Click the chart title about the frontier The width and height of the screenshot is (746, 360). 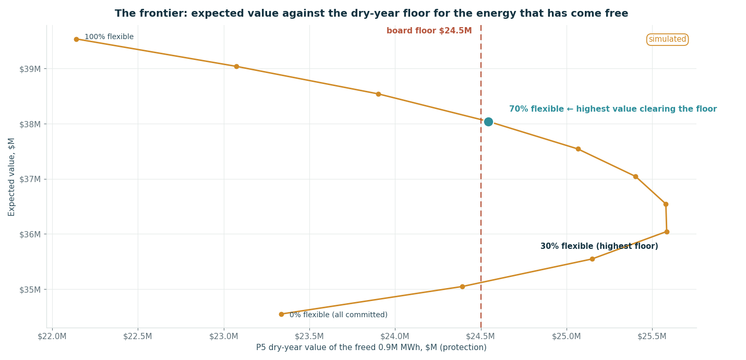371,14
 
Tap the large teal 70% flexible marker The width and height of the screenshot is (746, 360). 488,122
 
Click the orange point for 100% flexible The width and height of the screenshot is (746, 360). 76,39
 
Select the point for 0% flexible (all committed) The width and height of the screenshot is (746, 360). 281,314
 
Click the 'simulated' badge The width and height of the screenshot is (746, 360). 667,39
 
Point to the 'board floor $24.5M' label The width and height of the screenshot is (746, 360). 429,31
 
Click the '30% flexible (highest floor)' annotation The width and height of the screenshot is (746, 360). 599,246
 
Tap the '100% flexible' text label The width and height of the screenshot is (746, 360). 109,37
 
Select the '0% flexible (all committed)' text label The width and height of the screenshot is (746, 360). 339,315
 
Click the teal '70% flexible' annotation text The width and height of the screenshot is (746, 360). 613,109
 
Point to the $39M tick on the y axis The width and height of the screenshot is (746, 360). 30,69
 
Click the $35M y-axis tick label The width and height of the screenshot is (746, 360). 30,290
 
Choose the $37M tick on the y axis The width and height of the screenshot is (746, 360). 30,179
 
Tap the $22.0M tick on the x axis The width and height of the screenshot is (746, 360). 52,337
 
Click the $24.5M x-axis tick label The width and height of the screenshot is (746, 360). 480,337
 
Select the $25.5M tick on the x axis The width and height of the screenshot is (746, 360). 652,337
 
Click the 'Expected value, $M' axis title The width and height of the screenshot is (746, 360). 11,177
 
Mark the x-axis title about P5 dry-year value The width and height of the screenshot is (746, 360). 371,347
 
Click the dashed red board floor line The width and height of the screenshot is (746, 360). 481,176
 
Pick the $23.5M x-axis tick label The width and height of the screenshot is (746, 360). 309,337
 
